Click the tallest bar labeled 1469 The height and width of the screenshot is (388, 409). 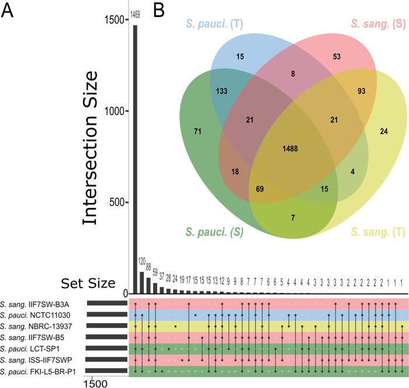tap(136, 158)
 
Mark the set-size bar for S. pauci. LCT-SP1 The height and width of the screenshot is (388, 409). tap(107, 348)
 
